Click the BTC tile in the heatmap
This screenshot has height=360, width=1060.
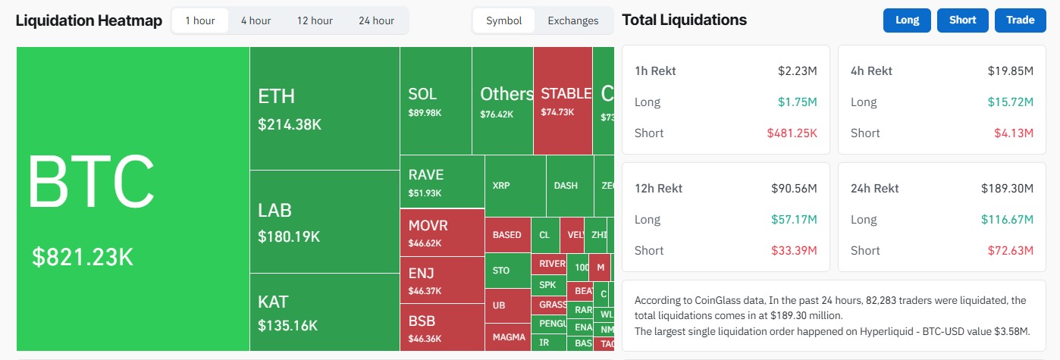tap(133, 199)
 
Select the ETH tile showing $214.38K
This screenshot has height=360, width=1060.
tap(324, 108)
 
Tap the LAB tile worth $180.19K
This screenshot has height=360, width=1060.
tap(324, 221)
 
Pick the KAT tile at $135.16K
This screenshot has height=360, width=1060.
tap(324, 312)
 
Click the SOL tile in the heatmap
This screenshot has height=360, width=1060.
tap(435, 101)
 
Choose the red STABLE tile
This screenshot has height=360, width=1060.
tap(563, 101)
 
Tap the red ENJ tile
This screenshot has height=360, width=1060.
tap(441, 280)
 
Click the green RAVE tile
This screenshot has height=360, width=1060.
tap(441, 181)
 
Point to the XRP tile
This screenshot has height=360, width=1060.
tap(515, 186)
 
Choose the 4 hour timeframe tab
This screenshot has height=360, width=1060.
tap(256, 20)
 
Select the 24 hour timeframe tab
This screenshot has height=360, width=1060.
tap(376, 20)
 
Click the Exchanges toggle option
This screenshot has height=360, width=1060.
tap(572, 20)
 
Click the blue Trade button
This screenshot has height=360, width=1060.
tap(1020, 20)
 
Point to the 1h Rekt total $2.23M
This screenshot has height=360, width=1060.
tap(797, 71)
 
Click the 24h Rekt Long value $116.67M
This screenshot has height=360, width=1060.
tap(1011, 220)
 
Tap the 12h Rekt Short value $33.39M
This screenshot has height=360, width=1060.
tap(795, 251)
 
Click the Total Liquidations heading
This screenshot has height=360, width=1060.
tap(684, 20)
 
